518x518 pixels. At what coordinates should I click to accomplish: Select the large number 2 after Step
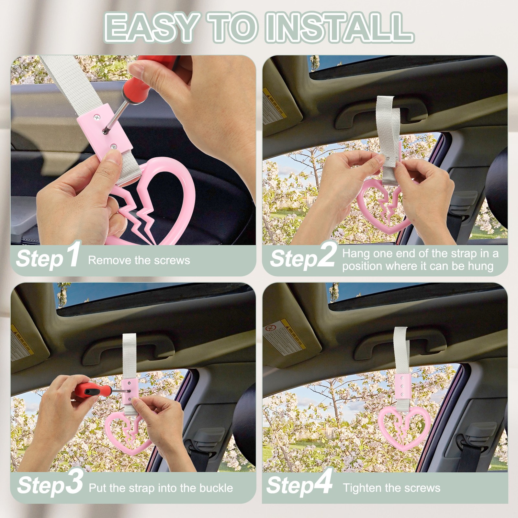click(x=325, y=256)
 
